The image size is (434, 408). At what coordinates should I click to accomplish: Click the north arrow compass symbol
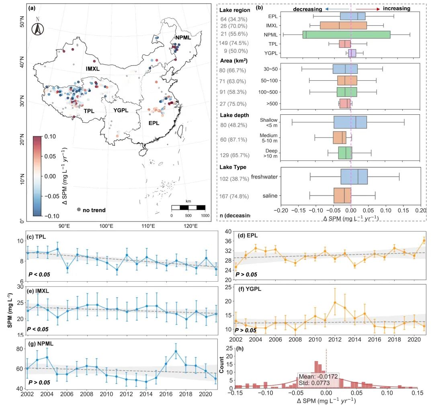(x=37, y=28)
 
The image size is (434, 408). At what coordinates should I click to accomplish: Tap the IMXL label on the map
(x=93, y=69)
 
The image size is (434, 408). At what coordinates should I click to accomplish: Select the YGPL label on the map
(x=121, y=110)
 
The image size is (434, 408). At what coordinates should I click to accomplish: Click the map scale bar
(x=188, y=207)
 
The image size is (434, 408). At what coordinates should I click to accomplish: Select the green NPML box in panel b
(x=346, y=35)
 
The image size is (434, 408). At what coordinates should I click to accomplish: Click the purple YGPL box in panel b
(x=352, y=53)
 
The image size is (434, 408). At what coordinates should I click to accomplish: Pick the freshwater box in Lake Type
(x=354, y=177)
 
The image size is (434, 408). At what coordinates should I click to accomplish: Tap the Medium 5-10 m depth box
(x=340, y=138)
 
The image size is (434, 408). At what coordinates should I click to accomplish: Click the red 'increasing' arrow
(x=367, y=8)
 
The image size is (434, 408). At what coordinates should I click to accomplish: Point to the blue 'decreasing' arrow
(x=337, y=8)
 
